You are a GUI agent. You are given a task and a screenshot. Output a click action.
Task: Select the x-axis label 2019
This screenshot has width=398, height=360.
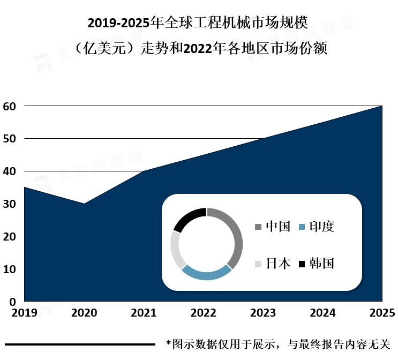point(24,313)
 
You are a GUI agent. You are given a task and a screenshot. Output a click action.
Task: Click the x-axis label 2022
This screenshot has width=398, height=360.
point(203,313)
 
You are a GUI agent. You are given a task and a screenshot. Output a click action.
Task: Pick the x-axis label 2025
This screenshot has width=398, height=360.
point(382,313)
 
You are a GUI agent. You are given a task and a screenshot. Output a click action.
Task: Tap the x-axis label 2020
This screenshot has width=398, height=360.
point(84,313)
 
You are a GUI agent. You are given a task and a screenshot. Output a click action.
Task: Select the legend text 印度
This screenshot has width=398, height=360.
point(322,227)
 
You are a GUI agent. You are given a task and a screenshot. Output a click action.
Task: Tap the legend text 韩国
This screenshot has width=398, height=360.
point(322,264)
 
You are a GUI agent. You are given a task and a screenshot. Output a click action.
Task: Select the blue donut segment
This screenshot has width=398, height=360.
point(206,275)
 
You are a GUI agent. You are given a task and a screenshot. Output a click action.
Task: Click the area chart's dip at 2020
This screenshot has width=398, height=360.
point(84,204)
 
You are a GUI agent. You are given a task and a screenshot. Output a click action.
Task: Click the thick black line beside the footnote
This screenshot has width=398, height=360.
point(80,344)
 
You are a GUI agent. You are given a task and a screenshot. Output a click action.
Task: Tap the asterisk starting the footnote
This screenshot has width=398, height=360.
point(168,343)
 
